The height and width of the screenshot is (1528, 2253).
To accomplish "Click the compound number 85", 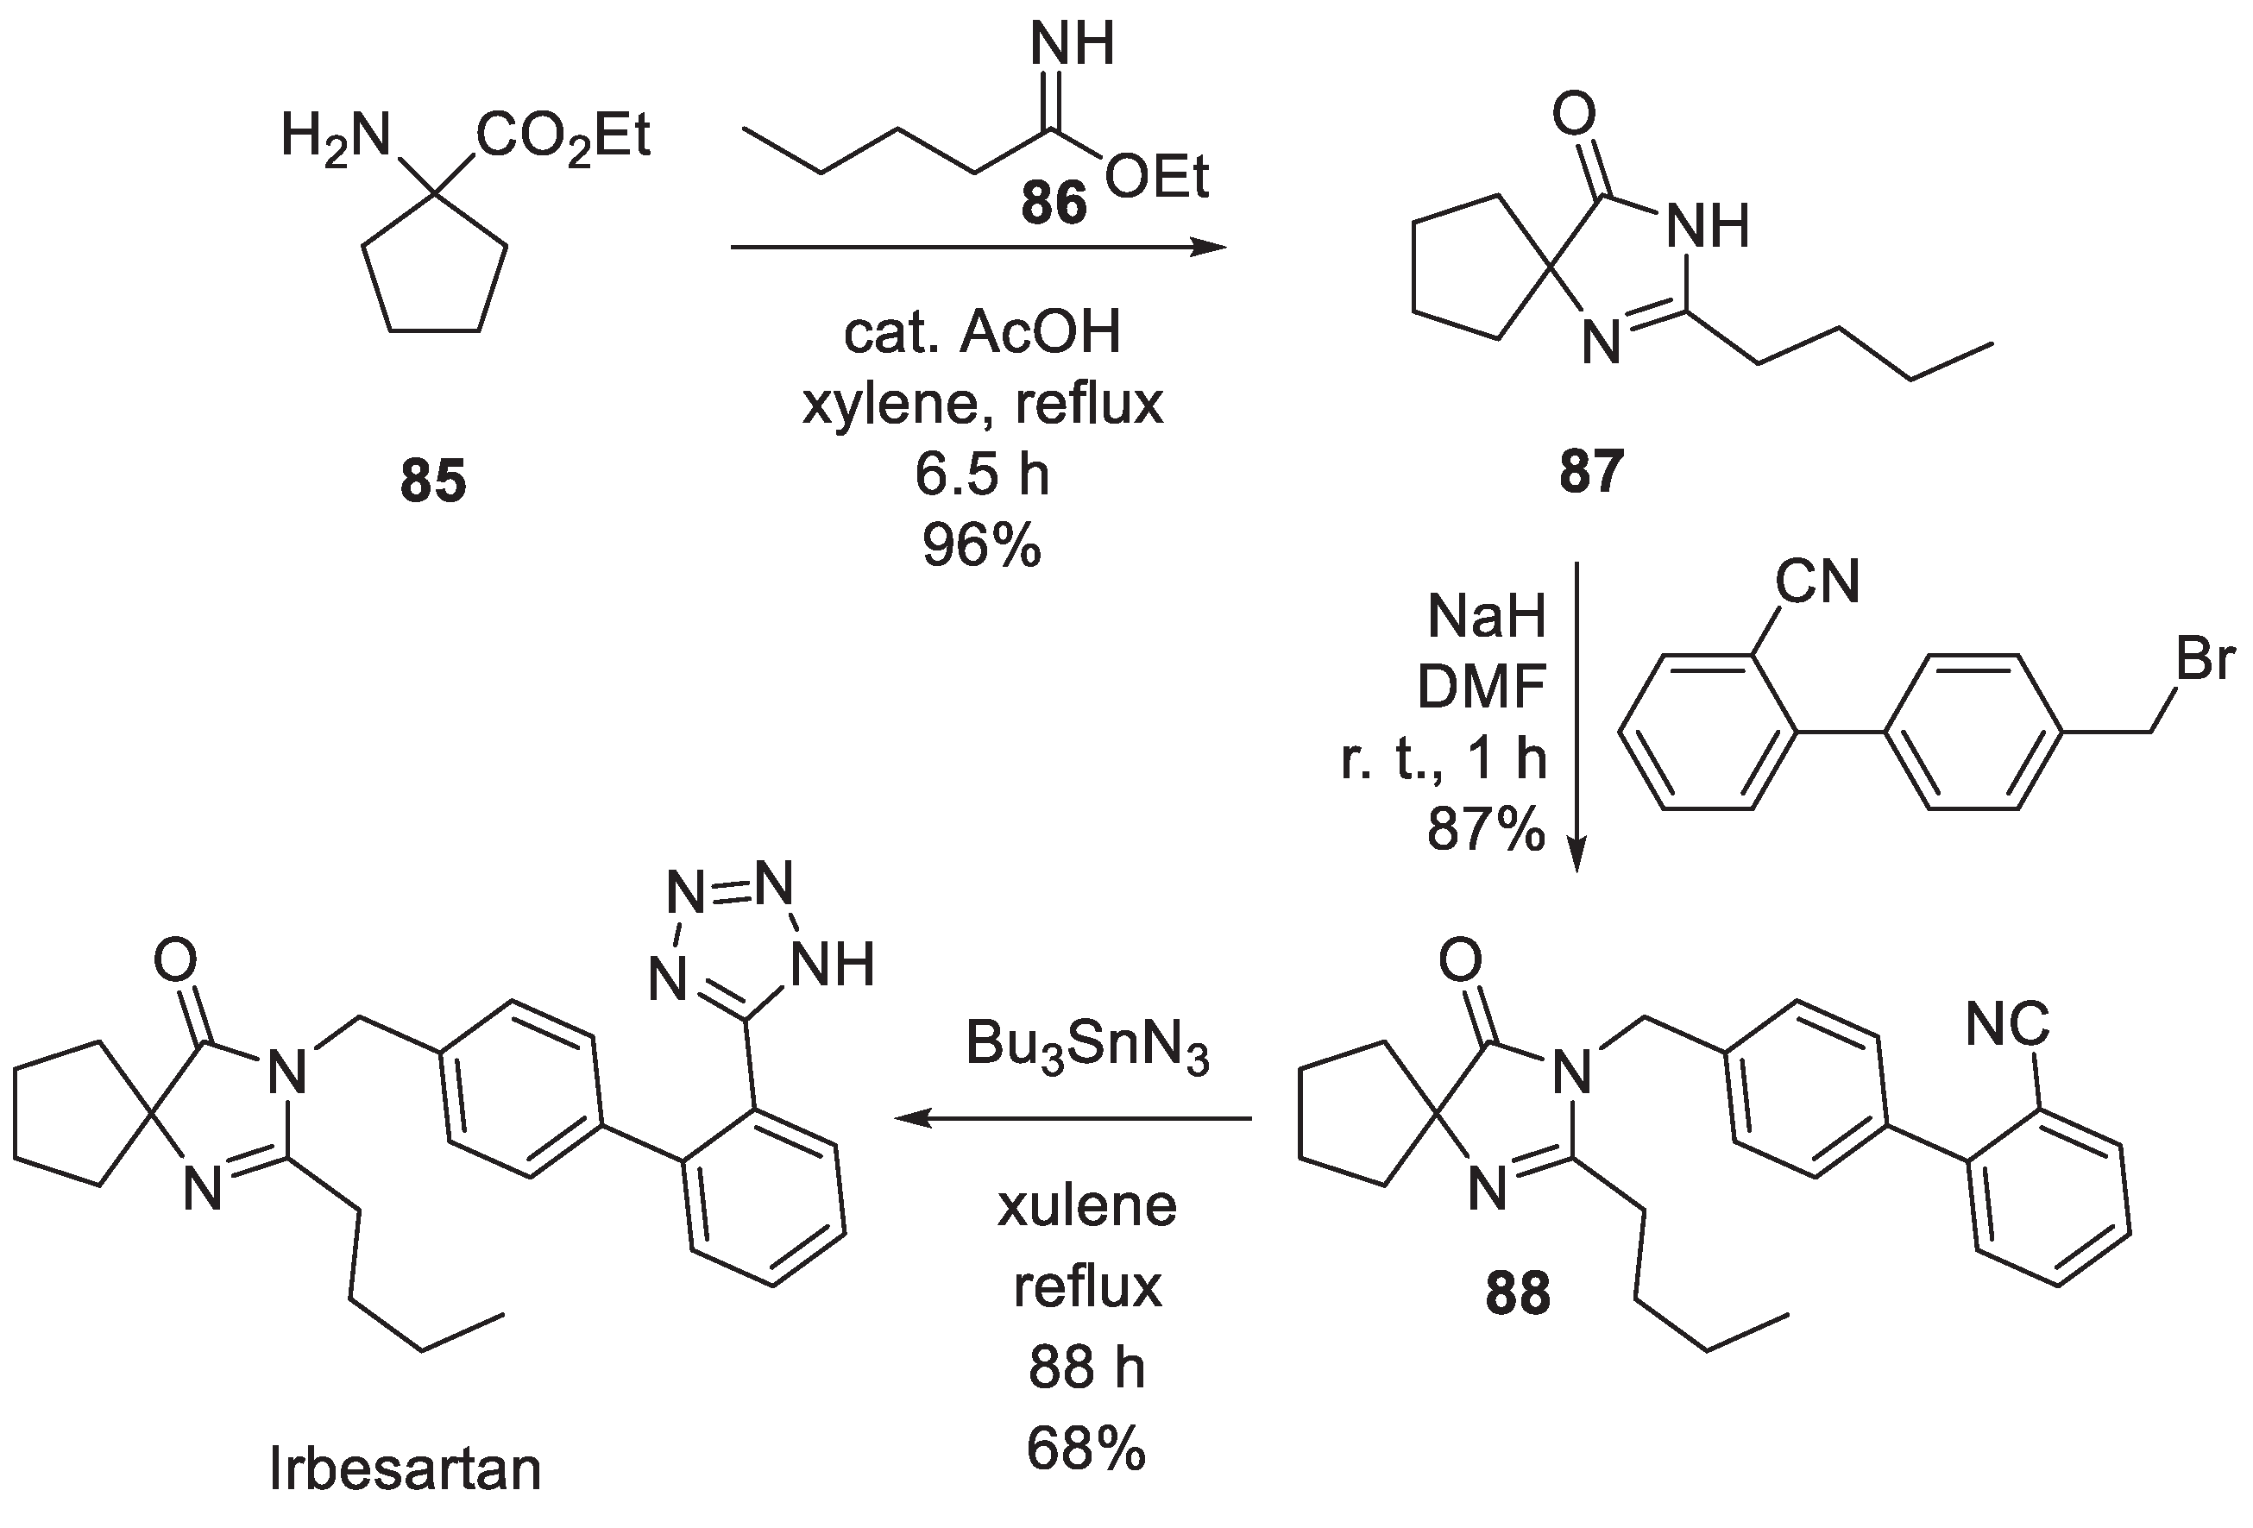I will click(433, 481).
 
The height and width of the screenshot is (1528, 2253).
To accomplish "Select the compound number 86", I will click(1054, 204).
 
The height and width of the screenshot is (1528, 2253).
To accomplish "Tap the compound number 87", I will click(1592, 472).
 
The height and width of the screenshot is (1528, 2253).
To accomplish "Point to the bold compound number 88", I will click(1517, 1293).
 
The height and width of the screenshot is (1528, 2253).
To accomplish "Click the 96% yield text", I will click(981, 545).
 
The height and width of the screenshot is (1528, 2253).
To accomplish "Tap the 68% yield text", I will click(1086, 1450).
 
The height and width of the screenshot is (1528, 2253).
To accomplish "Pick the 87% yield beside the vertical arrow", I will click(1485, 830).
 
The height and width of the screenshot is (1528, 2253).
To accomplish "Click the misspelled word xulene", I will click(1086, 1207).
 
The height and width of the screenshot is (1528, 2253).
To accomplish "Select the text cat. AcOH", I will click(981, 332).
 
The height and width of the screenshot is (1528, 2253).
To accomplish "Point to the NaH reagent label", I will click(1486, 617).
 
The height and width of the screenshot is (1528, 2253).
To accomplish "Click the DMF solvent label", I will click(1481, 688).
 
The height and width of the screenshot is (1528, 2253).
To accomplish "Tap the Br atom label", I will click(2206, 659).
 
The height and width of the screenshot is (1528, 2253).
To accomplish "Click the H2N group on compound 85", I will click(335, 136).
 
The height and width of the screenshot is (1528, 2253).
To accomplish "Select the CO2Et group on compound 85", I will click(563, 136).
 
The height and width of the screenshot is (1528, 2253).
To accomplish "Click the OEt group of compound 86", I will click(1156, 179).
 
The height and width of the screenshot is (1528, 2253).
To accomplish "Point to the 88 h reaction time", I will click(1086, 1369).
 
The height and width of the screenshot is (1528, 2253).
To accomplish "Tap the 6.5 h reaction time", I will click(981, 475).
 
